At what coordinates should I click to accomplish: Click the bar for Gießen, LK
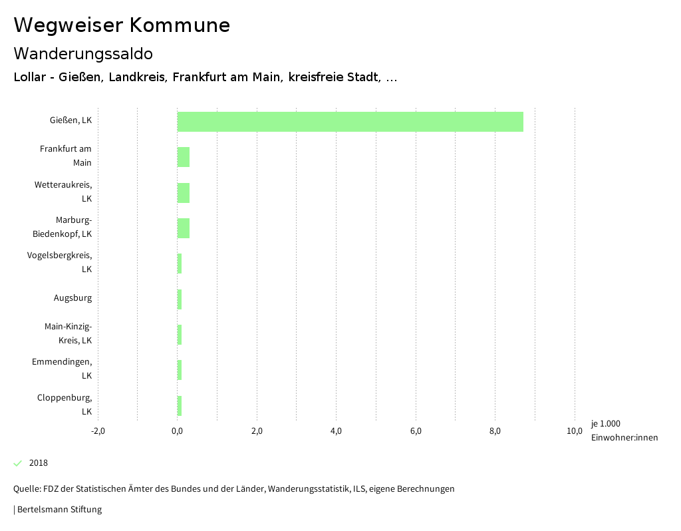(350, 122)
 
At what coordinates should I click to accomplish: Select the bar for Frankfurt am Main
(184, 157)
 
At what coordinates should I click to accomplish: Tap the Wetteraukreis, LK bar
(184, 193)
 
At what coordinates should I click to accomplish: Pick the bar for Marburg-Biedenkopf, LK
(184, 228)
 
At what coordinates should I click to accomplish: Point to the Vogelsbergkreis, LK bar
(180, 264)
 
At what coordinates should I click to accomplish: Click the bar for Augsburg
(180, 299)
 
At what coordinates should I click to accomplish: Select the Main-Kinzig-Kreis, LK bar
(180, 335)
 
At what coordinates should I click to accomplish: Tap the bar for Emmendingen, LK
(180, 370)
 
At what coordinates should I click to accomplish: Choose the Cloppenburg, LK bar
(180, 405)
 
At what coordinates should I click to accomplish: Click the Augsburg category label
(72, 298)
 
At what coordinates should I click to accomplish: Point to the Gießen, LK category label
(70, 120)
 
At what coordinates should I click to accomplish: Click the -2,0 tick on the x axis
(98, 431)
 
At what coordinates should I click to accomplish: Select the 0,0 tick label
(177, 431)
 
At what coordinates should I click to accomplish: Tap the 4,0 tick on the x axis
(336, 431)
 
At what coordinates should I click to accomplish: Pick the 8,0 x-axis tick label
(495, 431)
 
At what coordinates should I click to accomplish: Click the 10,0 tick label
(575, 431)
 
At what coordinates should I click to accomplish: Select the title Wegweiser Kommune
(122, 25)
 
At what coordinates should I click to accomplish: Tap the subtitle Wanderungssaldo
(83, 54)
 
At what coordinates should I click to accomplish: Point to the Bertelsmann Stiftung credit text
(59, 510)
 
